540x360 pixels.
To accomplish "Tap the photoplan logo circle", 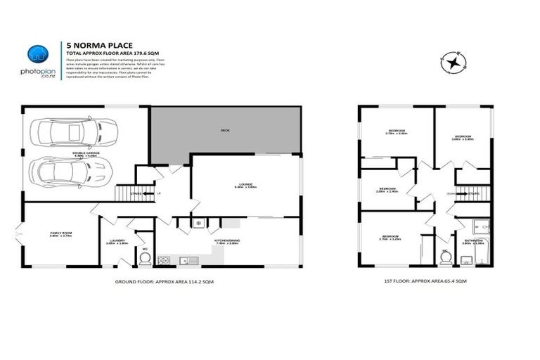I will coord(37,54).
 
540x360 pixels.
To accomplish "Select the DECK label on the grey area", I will coord(225,130).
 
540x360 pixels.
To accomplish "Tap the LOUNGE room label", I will coord(245,185).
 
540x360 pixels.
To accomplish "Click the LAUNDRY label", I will coord(115,240).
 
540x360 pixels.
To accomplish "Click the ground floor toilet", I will coord(145,258).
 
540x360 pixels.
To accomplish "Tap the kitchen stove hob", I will coord(163,261).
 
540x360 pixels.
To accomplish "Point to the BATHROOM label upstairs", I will coord(472,240).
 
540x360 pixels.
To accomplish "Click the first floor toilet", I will coord(444,258).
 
